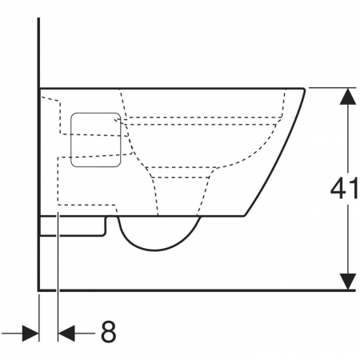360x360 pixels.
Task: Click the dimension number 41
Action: [x=345, y=189]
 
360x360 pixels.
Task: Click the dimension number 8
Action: [x=109, y=332]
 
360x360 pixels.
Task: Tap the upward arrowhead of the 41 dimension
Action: [x=348, y=96]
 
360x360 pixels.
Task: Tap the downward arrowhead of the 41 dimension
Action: [x=348, y=282]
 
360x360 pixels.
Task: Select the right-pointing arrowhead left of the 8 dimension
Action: [x=30, y=333]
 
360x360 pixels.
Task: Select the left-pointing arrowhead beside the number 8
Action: [x=66, y=333]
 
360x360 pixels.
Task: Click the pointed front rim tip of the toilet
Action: [x=304, y=89]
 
